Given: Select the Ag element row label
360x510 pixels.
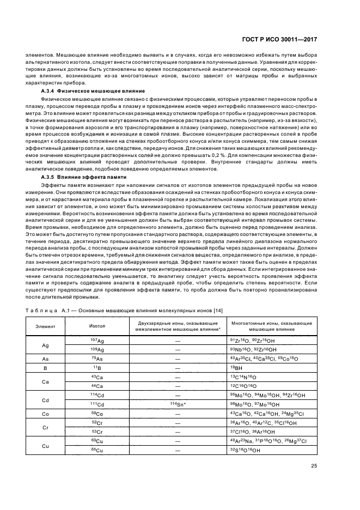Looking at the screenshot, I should point(45,344).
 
